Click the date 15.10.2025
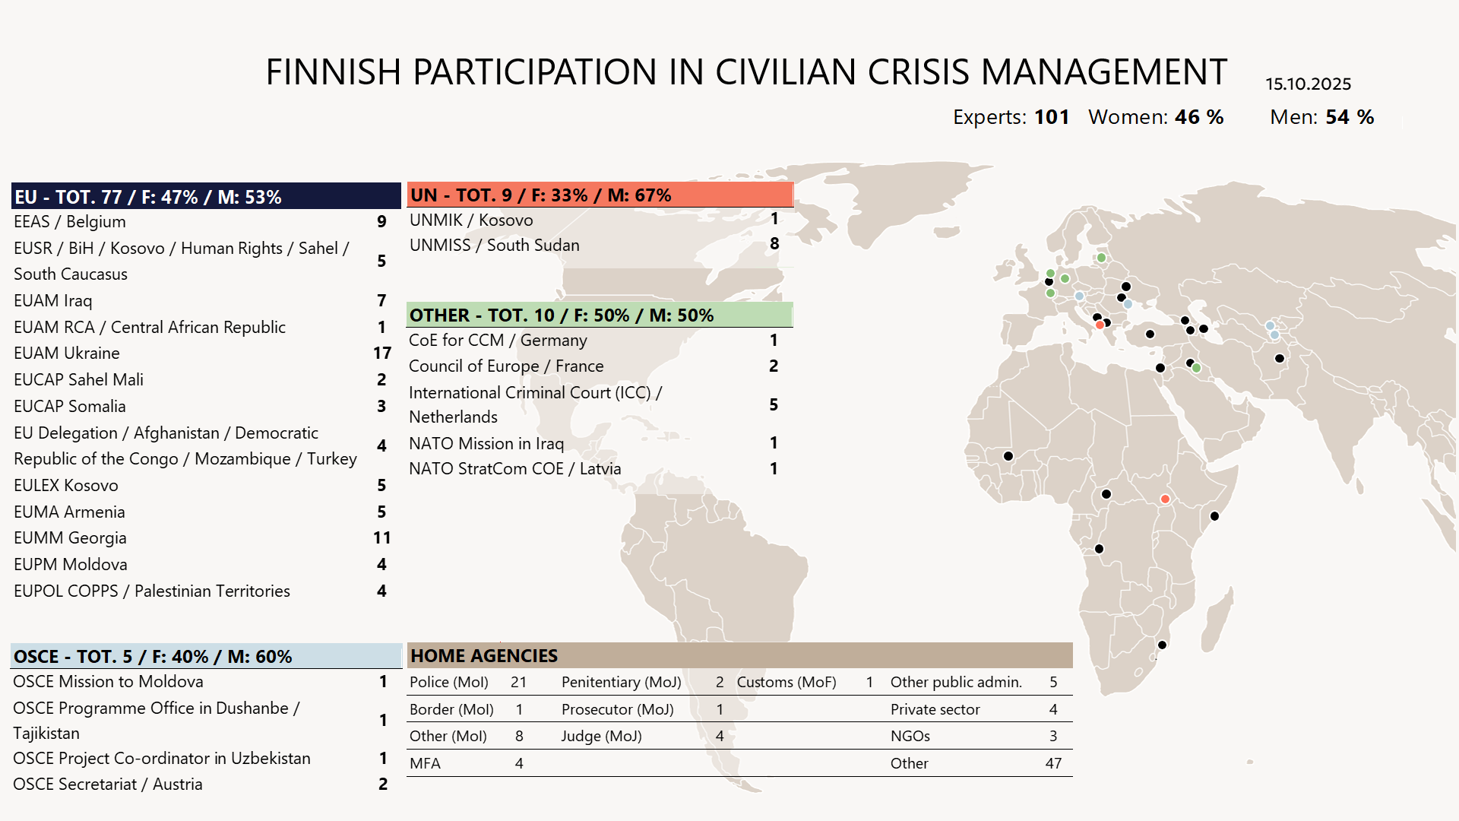pyautogui.click(x=1308, y=84)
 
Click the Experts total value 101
pyautogui.click(x=1052, y=117)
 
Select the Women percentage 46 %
pyautogui.click(x=1199, y=117)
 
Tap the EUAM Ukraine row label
pyautogui.click(x=67, y=353)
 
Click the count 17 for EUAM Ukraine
pyautogui.click(x=381, y=353)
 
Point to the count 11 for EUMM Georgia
pyautogui.click(x=381, y=538)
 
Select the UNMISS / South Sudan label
pyautogui.click(x=494, y=246)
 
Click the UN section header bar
pyautogui.click(x=600, y=195)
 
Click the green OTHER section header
pyautogui.click(x=600, y=315)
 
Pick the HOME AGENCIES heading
pyautogui.click(x=484, y=656)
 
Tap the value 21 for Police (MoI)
pyautogui.click(x=518, y=683)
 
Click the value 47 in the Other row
pyautogui.click(x=1053, y=763)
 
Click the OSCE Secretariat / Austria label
pyautogui.click(x=108, y=785)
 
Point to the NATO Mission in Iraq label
pyautogui.click(x=486, y=443)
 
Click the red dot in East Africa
pyautogui.click(x=1165, y=499)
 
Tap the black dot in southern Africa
pyautogui.click(x=1162, y=645)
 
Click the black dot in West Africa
pyautogui.click(x=1008, y=456)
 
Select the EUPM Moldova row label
pyautogui.click(x=71, y=565)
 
